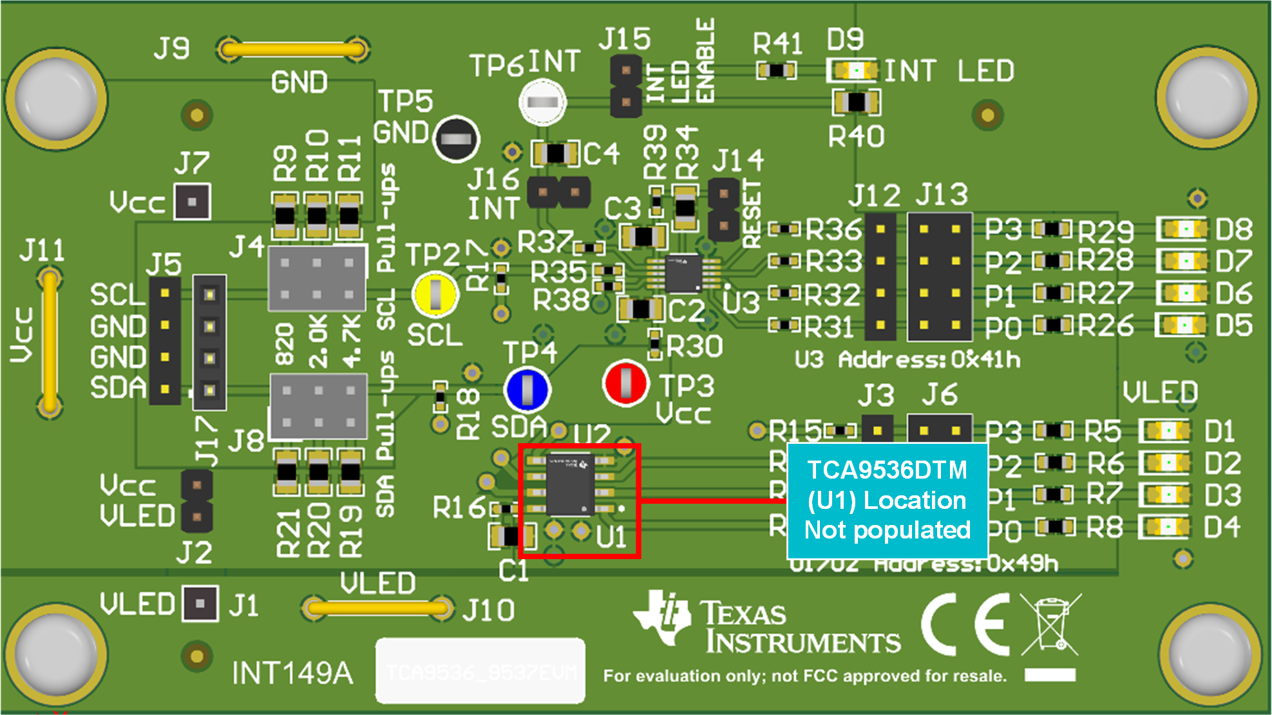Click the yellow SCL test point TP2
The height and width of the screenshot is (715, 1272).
pyautogui.click(x=435, y=294)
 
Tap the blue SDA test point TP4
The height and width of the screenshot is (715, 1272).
pyautogui.click(x=527, y=390)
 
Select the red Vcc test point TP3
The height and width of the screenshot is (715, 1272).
pyautogui.click(x=625, y=383)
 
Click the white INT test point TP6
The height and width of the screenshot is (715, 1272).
pyautogui.click(x=542, y=102)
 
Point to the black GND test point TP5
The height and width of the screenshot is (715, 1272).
pyautogui.click(x=456, y=138)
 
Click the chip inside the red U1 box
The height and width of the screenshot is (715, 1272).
pyautogui.click(x=570, y=484)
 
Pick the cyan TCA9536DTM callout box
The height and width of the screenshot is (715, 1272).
pyautogui.click(x=887, y=500)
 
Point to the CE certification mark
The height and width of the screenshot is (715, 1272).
pyautogui.click(x=964, y=624)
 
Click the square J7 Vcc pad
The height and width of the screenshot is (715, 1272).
pyautogui.click(x=192, y=202)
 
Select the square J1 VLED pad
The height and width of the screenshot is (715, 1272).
pyautogui.click(x=200, y=604)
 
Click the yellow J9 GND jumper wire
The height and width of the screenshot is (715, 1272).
pyautogui.click(x=293, y=49)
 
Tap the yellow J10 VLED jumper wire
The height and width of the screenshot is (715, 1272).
pyautogui.click(x=378, y=607)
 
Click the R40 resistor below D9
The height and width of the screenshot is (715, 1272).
pyautogui.click(x=856, y=102)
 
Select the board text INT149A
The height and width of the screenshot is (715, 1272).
pyautogui.click(x=292, y=673)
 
